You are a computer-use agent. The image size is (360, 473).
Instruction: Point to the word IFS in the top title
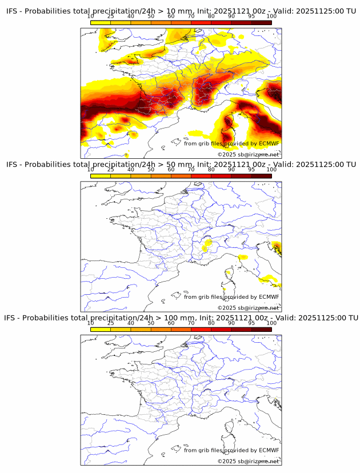click(12, 11)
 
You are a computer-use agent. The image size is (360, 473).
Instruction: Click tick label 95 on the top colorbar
click(251, 16)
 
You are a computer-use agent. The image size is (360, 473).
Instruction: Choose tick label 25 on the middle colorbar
click(111, 169)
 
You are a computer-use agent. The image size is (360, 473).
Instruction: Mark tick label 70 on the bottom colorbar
click(191, 323)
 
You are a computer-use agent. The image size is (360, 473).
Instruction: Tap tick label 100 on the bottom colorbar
click(271, 323)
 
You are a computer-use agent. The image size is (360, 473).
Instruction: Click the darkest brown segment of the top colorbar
click(261, 22)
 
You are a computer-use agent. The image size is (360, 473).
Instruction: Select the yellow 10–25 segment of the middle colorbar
click(101, 176)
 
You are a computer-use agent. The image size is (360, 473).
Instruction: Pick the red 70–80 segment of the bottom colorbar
click(201, 329)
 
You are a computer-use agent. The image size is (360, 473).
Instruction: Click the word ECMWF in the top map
click(269, 143)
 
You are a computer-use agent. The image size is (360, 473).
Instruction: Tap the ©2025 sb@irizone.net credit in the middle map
click(248, 308)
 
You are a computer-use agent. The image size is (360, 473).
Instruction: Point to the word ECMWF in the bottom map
click(269, 450)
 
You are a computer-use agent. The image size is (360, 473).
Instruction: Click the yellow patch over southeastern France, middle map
click(207, 245)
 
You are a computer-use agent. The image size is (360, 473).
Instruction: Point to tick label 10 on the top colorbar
click(91, 16)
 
